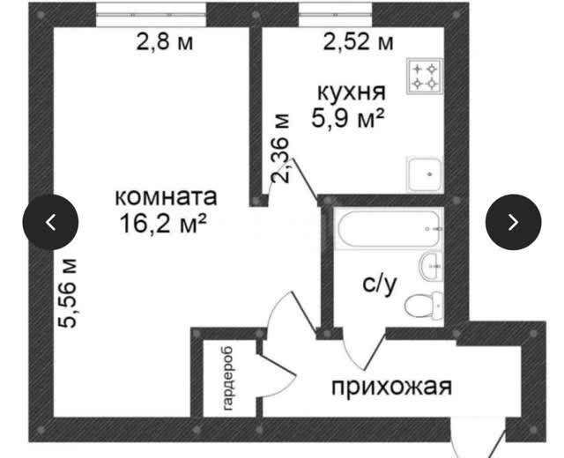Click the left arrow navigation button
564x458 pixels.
(x=50, y=222)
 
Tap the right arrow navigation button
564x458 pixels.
(x=513, y=222)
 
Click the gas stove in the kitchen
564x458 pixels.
(x=425, y=77)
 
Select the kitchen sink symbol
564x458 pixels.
(x=425, y=174)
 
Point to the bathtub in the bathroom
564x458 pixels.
(x=389, y=229)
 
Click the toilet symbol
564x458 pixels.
(x=424, y=306)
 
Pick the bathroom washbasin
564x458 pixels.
(x=431, y=266)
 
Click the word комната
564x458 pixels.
(x=166, y=197)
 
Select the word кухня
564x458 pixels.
(x=352, y=92)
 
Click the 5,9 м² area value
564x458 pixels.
(x=348, y=118)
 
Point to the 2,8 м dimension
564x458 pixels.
(x=165, y=42)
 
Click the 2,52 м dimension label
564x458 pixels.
(x=359, y=42)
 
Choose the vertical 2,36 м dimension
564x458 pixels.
(x=281, y=148)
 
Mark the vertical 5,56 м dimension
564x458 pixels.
(x=68, y=292)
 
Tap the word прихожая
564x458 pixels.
(x=391, y=388)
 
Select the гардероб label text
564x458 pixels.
(x=228, y=379)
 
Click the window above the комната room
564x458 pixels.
(x=151, y=15)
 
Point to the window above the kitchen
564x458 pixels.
(x=336, y=15)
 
